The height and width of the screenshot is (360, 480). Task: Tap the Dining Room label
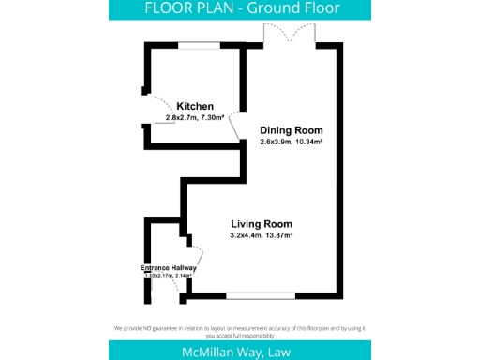pyautogui.click(x=291, y=130)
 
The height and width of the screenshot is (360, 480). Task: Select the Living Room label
pyautogui.click(x=262, y=224)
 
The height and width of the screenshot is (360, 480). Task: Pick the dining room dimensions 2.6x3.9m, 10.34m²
pyautogui.click(x=292, y=142)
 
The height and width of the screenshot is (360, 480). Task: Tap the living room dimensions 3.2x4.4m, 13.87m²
pyautogui.click(x=262, y=236)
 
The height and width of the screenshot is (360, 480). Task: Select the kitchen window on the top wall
pyautogui.click(x=200, y=43)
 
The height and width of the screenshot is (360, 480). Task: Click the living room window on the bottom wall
pyautogui.click(x=260, y=296)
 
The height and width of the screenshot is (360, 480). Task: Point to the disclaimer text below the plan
pyautogui.click(x=239, y=330)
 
